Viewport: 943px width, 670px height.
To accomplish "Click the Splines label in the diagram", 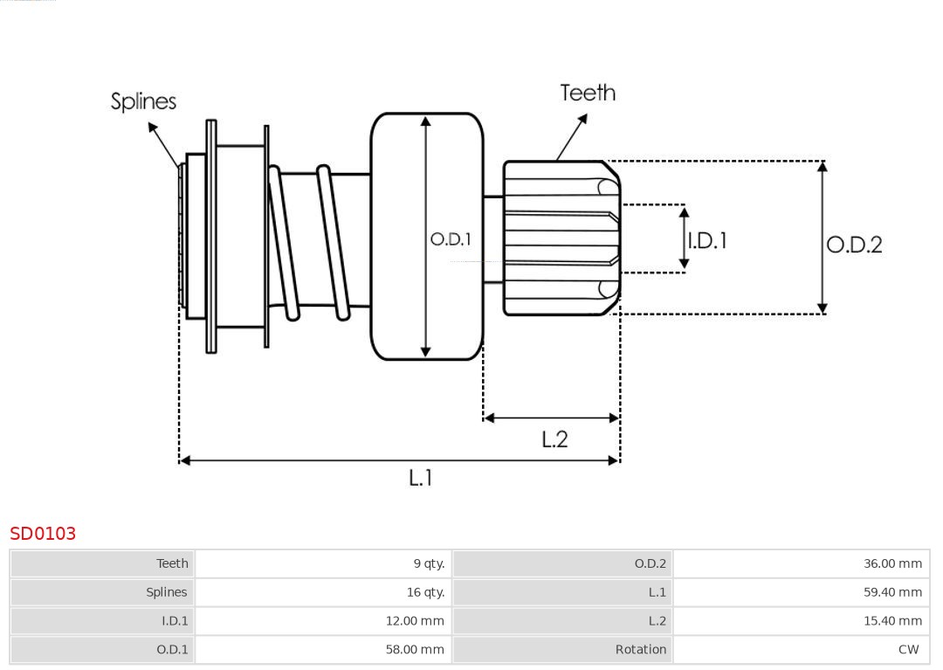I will coord(143,101).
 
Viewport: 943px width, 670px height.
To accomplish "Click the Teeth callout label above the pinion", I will coord(588,93).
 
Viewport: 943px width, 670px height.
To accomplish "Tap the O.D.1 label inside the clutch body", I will coord(451,238).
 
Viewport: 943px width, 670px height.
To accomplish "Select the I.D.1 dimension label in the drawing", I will coord(706,240).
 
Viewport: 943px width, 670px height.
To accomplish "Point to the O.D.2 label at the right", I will coord(854,245).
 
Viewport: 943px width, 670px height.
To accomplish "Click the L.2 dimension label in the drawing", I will coord(554,439).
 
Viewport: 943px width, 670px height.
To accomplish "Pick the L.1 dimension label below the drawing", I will coord(421,477).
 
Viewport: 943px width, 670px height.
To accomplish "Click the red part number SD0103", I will coord(43,534).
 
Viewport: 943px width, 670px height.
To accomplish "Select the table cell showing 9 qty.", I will coord(429,563).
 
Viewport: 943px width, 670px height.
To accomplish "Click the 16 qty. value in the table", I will coord(425,592).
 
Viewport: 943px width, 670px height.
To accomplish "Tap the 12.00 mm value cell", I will coord(415,621).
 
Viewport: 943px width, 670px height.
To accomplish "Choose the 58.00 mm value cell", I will coord(415,650).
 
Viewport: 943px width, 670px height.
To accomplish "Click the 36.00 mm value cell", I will coord(892,563).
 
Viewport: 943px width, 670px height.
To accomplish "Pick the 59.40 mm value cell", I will coord(892,592).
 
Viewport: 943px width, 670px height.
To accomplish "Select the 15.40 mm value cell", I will coord(892,621).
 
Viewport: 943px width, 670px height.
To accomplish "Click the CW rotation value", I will coord(908,650).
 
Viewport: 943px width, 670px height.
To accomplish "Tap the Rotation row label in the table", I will coord(640,650).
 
